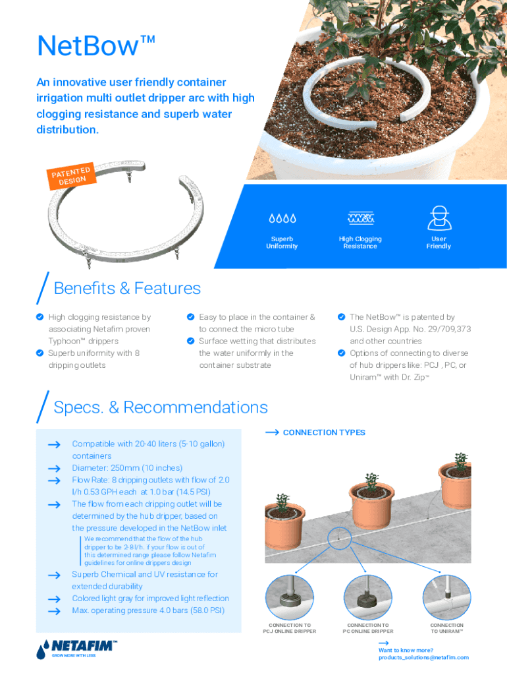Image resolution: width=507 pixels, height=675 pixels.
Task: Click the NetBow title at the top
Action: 96,45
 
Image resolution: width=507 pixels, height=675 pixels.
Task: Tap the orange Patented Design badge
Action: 71,175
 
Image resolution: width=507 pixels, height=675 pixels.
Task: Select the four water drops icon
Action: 282,218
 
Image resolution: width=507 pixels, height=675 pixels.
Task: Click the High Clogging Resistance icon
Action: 360,218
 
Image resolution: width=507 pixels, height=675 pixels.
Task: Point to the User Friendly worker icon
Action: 439,218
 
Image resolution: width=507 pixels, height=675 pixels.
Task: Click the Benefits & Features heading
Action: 127,288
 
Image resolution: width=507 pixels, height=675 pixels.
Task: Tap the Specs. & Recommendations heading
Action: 161,407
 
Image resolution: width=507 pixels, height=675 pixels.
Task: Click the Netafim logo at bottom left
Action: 76,649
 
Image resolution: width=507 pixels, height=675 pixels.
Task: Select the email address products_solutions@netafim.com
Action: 423,657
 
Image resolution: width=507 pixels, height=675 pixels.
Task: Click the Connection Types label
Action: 324,432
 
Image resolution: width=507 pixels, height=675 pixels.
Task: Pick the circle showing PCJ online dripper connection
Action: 290,597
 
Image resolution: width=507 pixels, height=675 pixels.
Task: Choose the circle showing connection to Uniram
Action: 446,597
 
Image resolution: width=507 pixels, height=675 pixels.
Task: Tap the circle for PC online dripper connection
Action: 368,597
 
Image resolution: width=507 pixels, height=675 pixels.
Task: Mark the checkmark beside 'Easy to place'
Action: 190,317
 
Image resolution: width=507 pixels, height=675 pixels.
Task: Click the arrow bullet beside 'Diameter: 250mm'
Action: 54,469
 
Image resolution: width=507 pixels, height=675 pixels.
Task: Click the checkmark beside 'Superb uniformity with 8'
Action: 40,353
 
